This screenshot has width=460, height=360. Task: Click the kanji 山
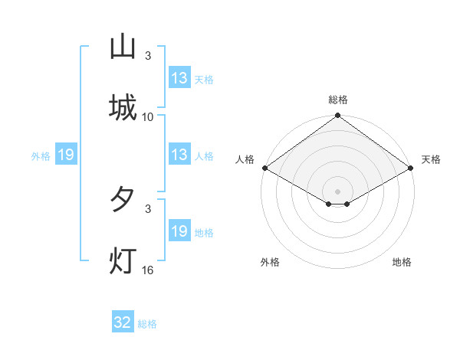coord(123,47)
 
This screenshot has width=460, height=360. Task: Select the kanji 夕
coord(123,200)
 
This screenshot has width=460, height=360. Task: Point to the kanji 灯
coord(123,260)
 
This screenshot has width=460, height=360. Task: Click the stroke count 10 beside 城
coord(148,116)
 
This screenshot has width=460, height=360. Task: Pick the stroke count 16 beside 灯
coord(148,270)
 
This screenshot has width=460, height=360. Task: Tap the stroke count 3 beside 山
coord(148,56)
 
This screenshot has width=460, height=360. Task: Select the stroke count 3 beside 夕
coord(148,208)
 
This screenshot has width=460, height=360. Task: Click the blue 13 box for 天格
coord(179,78)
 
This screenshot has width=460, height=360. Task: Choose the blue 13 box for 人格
coord(179,155)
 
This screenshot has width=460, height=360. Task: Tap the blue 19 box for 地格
coord(179,231)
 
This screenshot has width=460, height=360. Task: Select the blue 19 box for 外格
coord(66,155)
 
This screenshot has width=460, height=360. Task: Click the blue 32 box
coord(123,322)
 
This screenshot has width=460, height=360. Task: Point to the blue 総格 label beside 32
coord(147,324)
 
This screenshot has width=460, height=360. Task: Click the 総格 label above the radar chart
coord(338,100)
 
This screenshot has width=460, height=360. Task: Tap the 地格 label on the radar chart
coord(402,262)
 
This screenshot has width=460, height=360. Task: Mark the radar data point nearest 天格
coord(412,169)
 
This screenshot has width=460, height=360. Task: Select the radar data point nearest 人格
coord(264,169)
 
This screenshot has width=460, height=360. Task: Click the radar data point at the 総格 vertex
coord(338,116)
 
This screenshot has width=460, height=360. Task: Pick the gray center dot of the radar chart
coord(338,191)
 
